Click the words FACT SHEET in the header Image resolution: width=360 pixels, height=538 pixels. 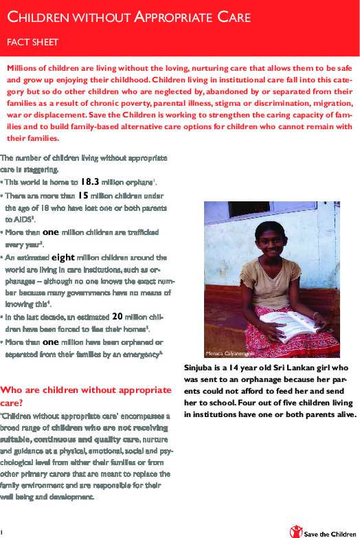33,43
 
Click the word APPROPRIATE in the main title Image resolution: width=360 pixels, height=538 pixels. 169,17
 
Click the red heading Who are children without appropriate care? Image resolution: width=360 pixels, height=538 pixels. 86,395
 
